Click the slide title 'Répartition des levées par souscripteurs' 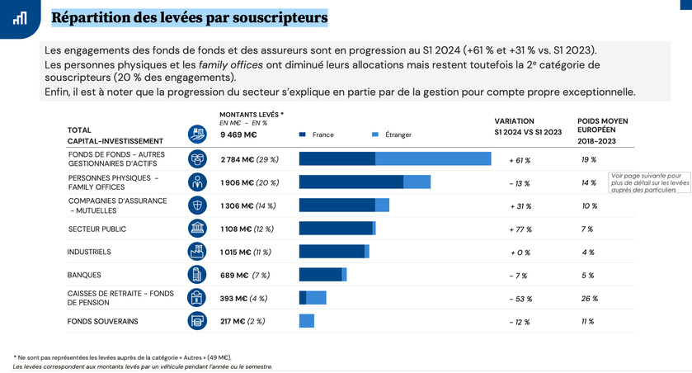pyautogui.click(x=189, y=17)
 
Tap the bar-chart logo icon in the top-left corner pyautogui.click(x=18, y=17)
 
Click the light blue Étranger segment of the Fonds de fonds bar pyautogui.click(x=433, y=159)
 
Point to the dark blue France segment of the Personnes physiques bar pyautogui.click(x=351, y=182)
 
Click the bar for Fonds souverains pyautogui.click(x=307, y=321)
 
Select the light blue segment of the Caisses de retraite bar pyautogui.click(x=316, y=298)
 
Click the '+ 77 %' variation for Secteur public pyautogui.click(x=520, y=229)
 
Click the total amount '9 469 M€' pyautogui.click(x=239, y=135)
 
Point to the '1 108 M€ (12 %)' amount pyautogui.click(x=247, y=229)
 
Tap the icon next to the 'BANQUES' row pyautogui.click(x=196, y=275)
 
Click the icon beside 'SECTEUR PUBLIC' pyautogui.click(x=196, y=229)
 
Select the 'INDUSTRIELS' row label pyautogui.click(x=89, y=252)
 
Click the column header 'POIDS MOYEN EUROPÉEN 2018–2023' pyautogui.click(x=602, y=130)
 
